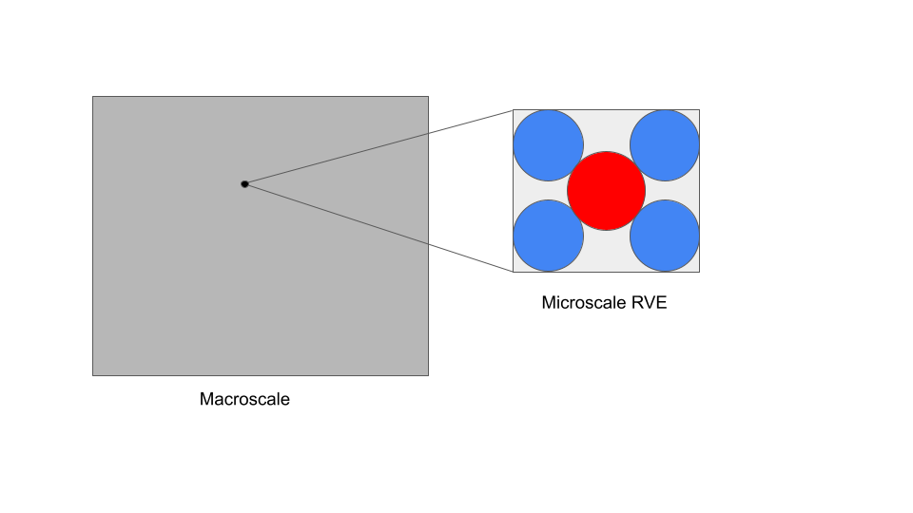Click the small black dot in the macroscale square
coord(244,183)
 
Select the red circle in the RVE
coord(607,190)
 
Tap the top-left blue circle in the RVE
coord(548,145)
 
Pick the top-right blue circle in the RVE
coord(665,145)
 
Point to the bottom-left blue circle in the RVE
coord(548,236)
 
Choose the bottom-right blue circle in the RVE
coord(665,236)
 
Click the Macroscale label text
coord(244,399)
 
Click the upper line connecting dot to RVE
coord(380,146)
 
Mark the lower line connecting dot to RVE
coord(380,227)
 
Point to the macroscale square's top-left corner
coord(92,96)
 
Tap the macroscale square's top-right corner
coord(428,96)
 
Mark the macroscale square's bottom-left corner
coord(92,375)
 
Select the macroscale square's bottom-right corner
coord(428,375)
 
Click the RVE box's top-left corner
coord(514,110)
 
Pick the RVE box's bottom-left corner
coord(514,273)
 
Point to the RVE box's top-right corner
coord(699,110)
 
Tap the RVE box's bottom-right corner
coord(699,273)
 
